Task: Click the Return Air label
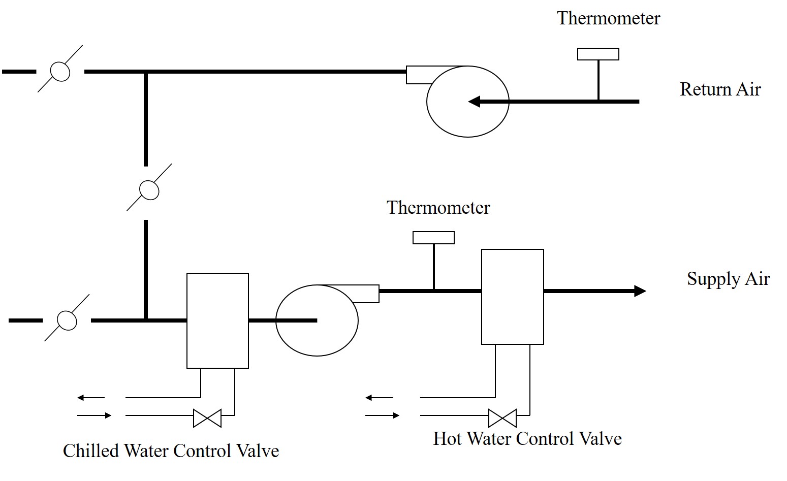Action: click(720, 89)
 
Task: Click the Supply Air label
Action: click(728, 279)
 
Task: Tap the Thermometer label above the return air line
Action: click(608, 19)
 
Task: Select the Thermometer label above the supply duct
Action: click(438, 208)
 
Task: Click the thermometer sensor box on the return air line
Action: click(598, 54)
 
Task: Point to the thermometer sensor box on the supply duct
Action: click(433, 238)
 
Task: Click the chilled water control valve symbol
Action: click(207, 418)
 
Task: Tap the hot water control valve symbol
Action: click(502, 418)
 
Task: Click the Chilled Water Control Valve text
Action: click(171, 451)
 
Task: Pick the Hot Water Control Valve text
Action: click(527, 439)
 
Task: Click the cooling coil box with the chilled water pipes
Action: click(217, 320)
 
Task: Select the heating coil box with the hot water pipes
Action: click(512, 297)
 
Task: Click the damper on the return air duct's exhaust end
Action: click(60, 72)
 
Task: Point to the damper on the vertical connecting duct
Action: click(149, 190)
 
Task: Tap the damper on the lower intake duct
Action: click(67, 320)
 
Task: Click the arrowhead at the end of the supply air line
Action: click(640, 291)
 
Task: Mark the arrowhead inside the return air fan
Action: click(474, 102)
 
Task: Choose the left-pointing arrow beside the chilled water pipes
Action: click(90, 398)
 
